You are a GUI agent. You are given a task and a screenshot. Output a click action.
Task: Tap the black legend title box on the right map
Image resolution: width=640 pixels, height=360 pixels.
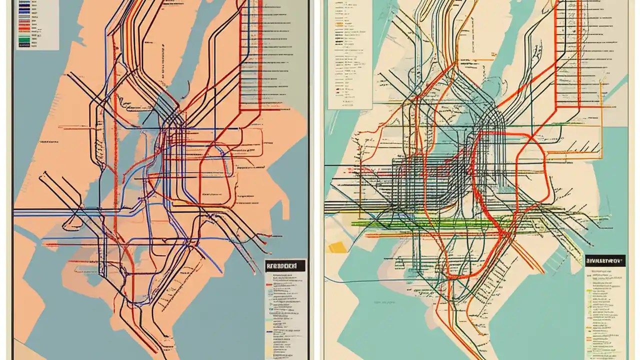point(605,260)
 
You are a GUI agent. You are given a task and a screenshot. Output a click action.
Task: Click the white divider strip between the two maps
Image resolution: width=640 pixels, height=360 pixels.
point(315,180)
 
